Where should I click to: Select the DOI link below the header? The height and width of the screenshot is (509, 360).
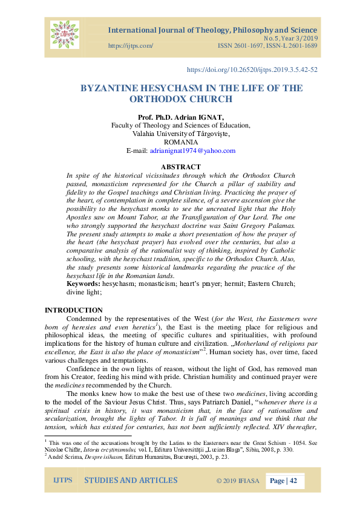[x=252, y=70]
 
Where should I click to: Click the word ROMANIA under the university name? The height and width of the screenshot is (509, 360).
[x=181, y=142]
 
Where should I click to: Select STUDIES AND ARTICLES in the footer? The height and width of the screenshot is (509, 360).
[x=131, y=481]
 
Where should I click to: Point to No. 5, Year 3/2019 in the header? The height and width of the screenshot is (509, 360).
[x=286, y=38]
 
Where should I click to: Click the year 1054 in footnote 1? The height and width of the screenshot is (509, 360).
[x=307, y=443]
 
